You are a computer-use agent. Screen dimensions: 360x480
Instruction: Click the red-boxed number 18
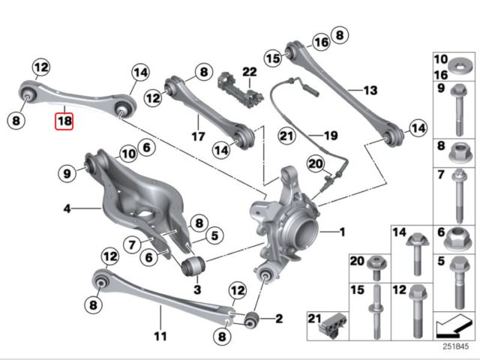point(64,119)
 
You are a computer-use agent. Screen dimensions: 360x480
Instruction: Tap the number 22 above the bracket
point(249,72)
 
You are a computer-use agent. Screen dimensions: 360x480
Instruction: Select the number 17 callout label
point(198,137)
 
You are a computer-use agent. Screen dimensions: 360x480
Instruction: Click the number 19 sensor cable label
point(331,136)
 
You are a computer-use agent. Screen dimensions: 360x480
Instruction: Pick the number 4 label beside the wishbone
point(67,208)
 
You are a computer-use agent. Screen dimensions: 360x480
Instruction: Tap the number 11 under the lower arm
point(159,334)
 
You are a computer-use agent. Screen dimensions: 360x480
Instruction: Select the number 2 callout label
point(278,319)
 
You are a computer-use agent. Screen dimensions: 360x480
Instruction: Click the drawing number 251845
point(454,347)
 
